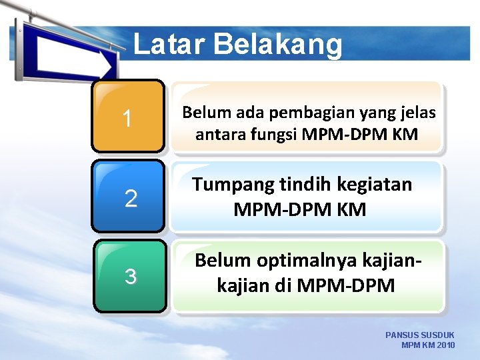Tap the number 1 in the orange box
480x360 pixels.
click(127, 119)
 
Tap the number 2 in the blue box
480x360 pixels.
click(131, 198)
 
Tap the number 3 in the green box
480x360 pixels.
click(131, 276)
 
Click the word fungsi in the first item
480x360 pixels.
click(271, 135)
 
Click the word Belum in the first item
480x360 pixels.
click(202, 113)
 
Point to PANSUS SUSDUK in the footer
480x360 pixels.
click(420, 335)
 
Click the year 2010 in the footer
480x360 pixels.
click(446, 345)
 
